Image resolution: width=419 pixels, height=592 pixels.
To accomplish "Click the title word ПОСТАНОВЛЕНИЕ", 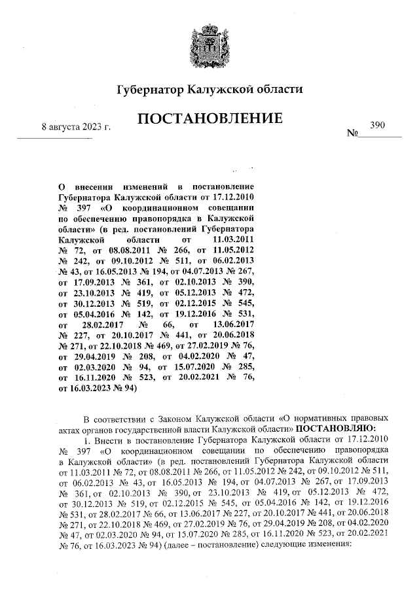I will (x=209, y=119).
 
